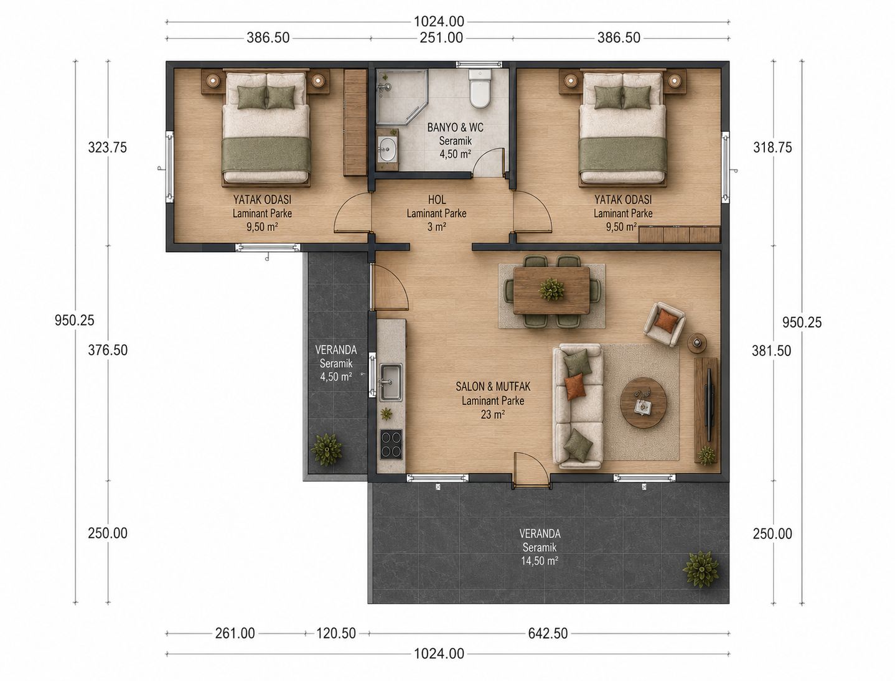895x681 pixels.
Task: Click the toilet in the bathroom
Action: click(x=480, y=89)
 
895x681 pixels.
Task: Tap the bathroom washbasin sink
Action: click(x=387, y=149)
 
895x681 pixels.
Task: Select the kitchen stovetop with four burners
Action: click(x=391, y=444)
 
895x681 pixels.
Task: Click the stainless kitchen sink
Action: click(x=391, y=382)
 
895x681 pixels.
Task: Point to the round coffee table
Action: click(x=643, y=402)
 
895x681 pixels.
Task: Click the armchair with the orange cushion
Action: click(x=664, y=324)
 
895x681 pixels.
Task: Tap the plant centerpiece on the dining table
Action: click(x=551, y=289)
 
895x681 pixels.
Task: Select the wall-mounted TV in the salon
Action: click(x=709, y=404)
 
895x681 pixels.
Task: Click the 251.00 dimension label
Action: click(x=442, y=38)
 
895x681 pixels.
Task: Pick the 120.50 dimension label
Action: click(x=336, y=633)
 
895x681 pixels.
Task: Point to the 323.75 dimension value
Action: click(x=108, y=147)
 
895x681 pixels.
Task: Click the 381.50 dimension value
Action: click(x=771, y=350)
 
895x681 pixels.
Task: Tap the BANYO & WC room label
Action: click(x=455, y=128)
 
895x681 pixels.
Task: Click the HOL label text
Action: click(x=437, y=200)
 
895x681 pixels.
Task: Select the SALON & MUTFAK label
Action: click(x=493, y=386)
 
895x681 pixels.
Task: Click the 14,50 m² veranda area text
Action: click(x=540, y=561)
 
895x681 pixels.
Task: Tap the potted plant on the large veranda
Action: click(x=701, y=569)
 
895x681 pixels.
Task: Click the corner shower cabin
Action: click(x=401, y=96)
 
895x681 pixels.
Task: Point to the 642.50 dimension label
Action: click(x=548, y=633)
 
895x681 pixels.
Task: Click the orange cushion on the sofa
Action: click(x=575, y=386)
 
